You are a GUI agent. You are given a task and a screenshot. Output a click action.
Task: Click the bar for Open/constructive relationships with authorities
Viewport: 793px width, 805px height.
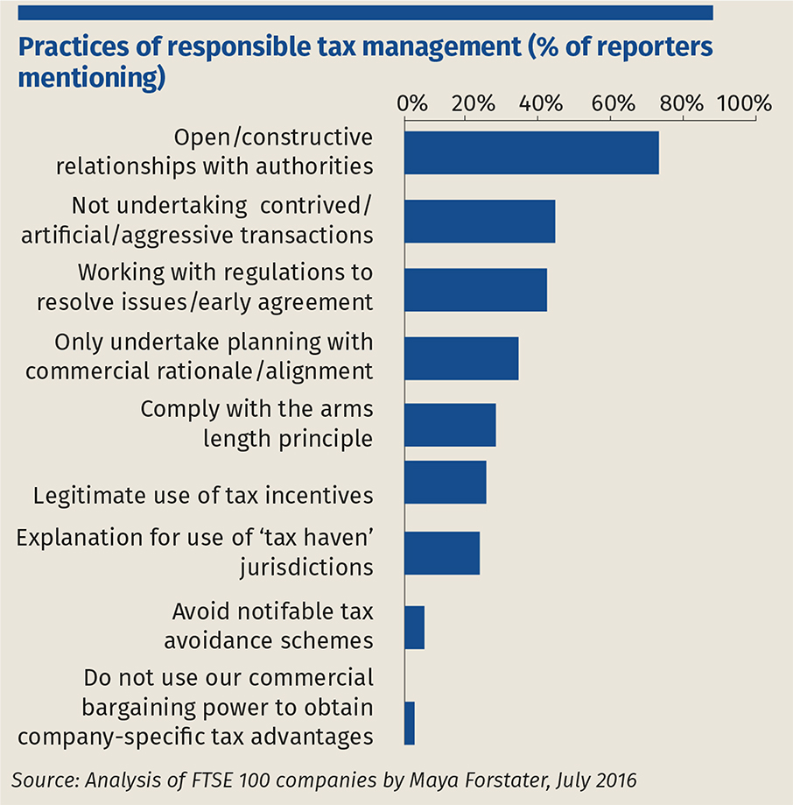tap(531, 153)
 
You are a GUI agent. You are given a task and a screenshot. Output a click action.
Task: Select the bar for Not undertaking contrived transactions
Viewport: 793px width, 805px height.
tap(480, 221)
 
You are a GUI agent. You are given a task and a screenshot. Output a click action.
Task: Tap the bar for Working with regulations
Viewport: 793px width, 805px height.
tap(475, 289)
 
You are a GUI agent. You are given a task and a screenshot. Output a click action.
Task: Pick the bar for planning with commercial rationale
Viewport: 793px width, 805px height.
tap(461, 357)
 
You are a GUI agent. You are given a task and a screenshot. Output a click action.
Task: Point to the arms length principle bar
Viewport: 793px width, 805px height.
tap(450, 425)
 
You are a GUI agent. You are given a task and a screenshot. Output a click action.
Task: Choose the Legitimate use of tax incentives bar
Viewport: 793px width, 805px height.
tap(445, 483)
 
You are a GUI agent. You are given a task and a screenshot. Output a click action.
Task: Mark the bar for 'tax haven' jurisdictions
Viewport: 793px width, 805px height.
tap(442, 553)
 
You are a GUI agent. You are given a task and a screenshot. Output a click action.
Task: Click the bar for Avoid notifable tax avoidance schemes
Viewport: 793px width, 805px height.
tap(415, 627)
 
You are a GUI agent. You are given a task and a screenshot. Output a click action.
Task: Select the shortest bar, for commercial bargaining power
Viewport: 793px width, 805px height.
tap(410, 723)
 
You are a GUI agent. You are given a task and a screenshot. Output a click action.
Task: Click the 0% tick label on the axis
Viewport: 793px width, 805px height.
tap(412, 102)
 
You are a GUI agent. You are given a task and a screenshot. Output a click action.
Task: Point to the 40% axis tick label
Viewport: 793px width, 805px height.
tap(541, 102)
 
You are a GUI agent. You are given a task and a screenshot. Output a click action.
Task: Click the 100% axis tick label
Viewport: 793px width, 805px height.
tap(744, 102)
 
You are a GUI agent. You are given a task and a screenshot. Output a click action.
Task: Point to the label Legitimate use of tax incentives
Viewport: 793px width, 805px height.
tap(203, 495)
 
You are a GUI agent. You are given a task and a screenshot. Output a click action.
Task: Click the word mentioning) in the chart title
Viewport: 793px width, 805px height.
tap(92, 77)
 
